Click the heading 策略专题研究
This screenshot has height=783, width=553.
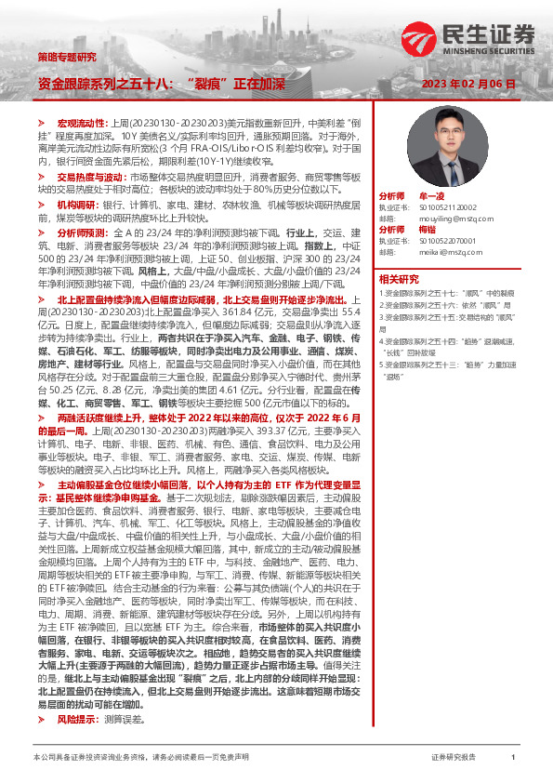coord(66,57)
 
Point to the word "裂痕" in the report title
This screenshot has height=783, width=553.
coord(209,84)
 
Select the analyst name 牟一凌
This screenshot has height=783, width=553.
coord(432,197)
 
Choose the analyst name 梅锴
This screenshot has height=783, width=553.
coord(428,229)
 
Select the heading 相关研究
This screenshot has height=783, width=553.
coord(399,278)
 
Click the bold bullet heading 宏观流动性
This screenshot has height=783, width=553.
coord(83,123)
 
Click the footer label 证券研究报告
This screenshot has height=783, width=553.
coord(453,758)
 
